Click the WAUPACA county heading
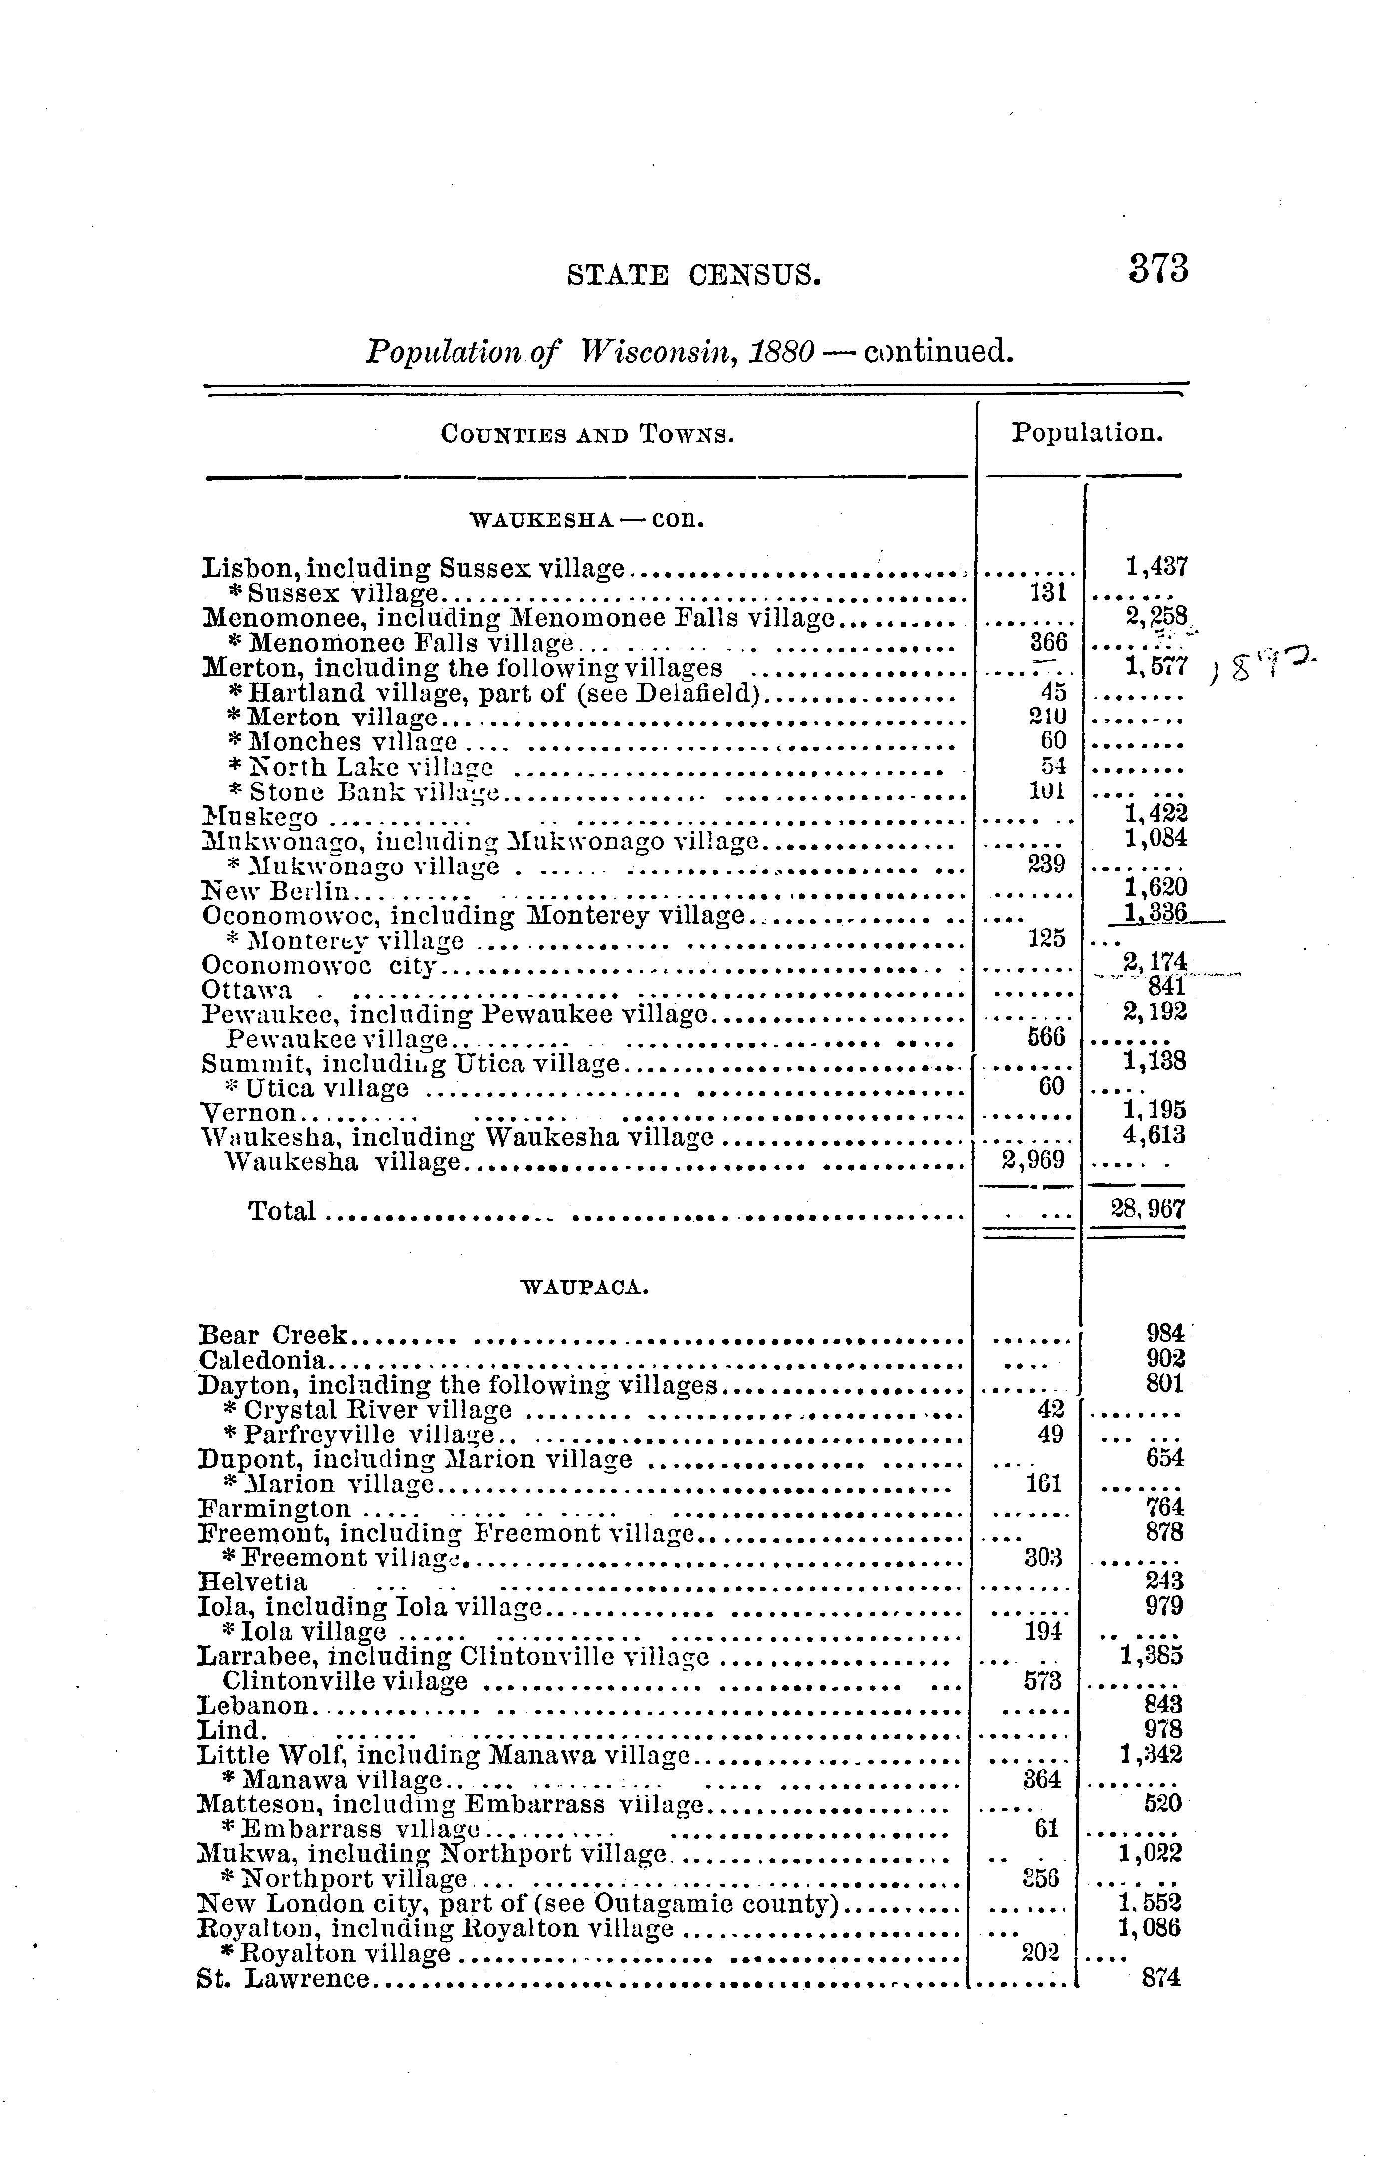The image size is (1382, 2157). click(584, 1288)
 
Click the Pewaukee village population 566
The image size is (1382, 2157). click(1045, 1037)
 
